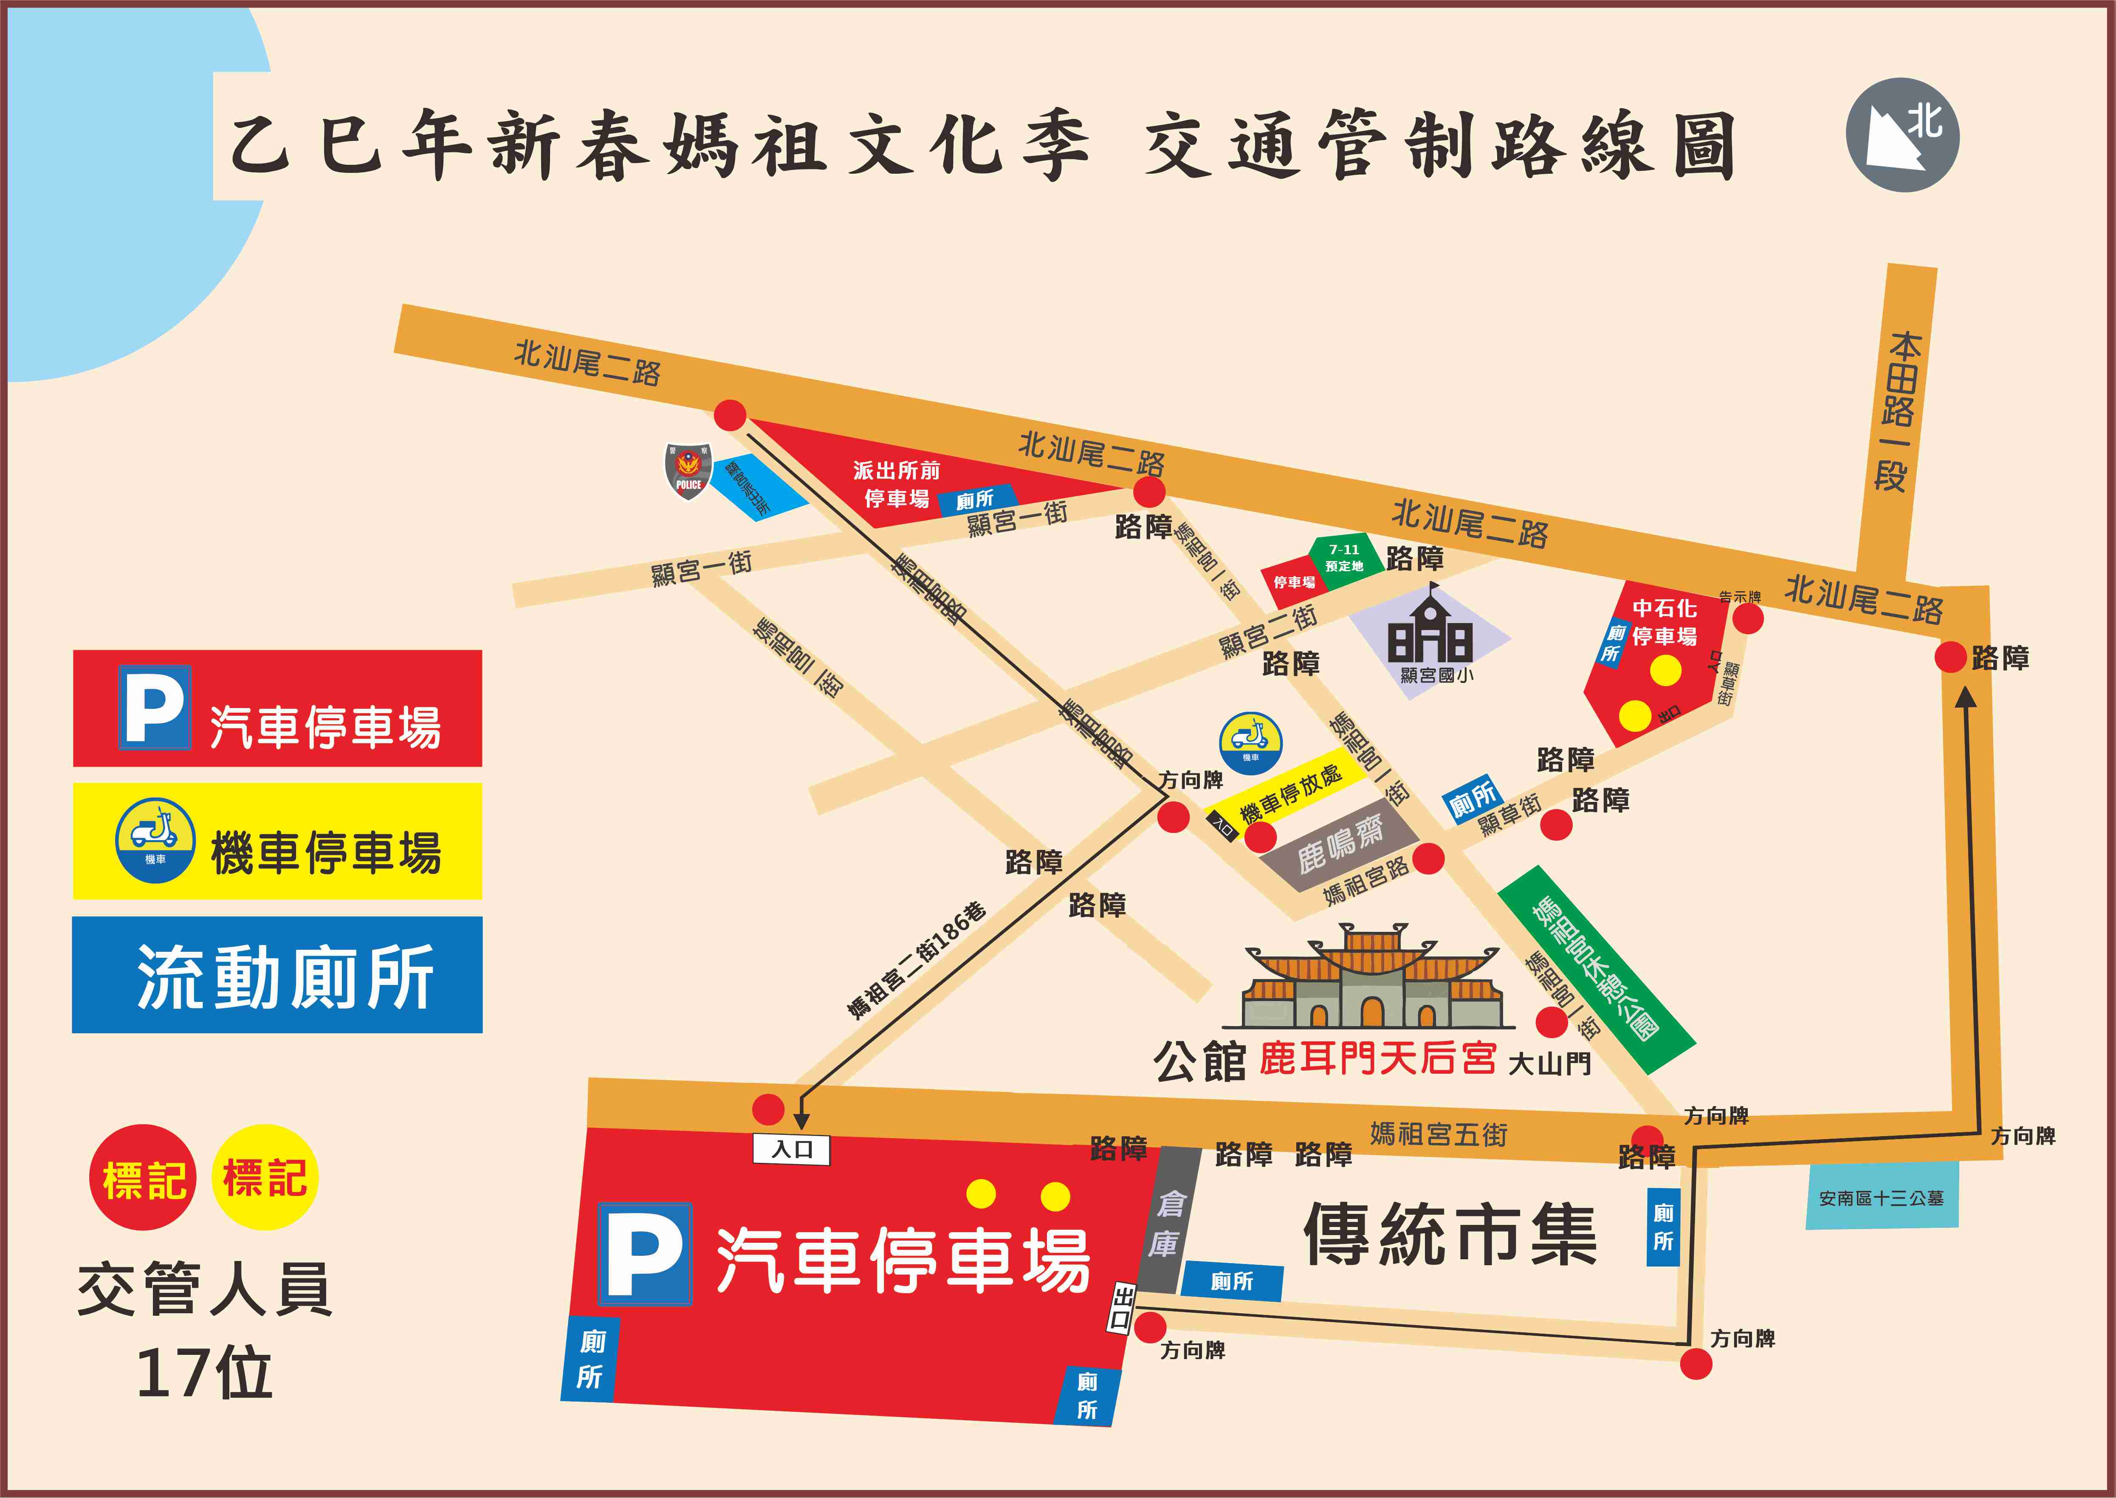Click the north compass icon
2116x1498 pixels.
click(x=1902, y=135)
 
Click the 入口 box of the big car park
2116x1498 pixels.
click(x=791, y=1149)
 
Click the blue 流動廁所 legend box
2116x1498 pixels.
click(x=277, y=975)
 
